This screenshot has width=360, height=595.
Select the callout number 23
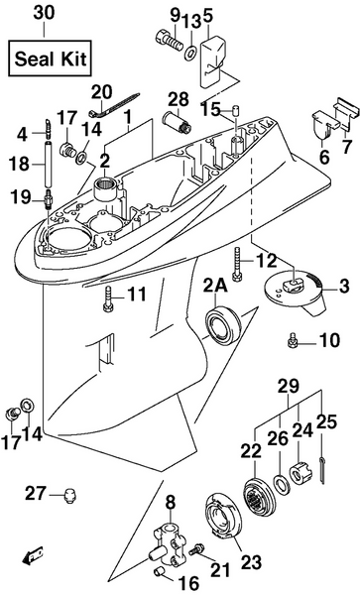251,562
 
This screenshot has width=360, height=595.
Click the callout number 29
287,384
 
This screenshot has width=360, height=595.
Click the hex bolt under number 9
165,41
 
